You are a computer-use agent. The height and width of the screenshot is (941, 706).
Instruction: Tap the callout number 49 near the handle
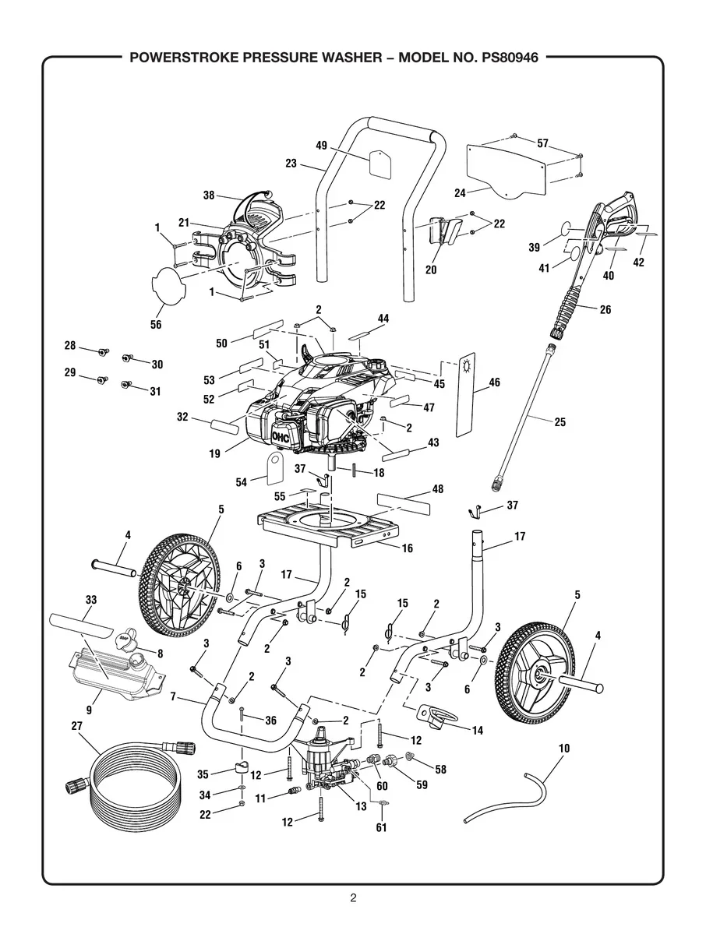click(x=321, y=145)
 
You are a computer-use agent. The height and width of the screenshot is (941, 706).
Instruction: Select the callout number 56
click(x=156, y=325)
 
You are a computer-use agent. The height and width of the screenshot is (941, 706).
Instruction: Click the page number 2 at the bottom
click(x=353, y=897)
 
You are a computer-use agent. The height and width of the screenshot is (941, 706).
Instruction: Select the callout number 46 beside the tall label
click(x=494, y=382)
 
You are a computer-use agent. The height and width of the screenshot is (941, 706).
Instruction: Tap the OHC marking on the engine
click(x=281, y=438)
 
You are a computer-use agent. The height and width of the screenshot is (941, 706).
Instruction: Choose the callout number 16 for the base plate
click(x=407, y=548)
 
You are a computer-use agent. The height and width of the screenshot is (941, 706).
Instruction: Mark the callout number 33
click(x=90, y=600)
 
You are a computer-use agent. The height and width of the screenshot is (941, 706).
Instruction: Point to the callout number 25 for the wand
click(x=560, y=422)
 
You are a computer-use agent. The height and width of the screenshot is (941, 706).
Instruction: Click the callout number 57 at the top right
click(x=542, y=143)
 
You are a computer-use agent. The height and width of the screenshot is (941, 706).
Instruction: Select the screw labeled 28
click(x=103, y=352)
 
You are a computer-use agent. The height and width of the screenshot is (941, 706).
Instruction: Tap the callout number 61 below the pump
click(x=381, y=827)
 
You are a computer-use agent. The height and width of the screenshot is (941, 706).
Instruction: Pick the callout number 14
click(x=478, y=731)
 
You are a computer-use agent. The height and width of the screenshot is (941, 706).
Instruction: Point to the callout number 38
click(x=209, y=196)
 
